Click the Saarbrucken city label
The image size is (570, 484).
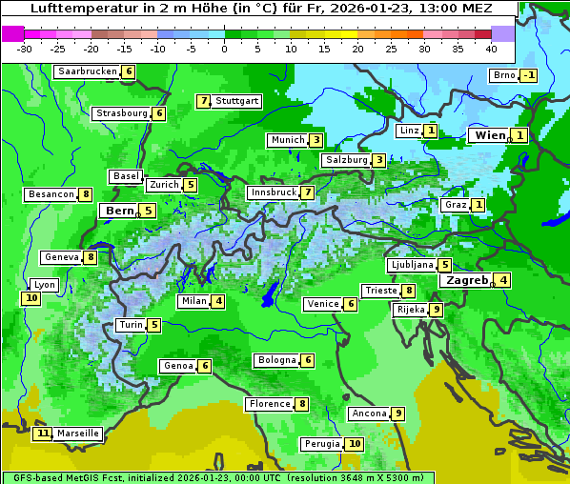(88, 71)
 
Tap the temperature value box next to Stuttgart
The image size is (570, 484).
(203, 101)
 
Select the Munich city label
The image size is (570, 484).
(287, 140)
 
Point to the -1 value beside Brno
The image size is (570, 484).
(528, 76)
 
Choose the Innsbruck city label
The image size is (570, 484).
(273, 192)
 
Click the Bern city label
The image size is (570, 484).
(120, 211)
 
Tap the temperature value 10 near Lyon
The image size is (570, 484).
(31, 298)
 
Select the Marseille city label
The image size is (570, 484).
(78, 434)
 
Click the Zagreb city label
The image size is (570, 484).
(465, 280)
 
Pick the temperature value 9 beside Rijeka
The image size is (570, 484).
(436, 310)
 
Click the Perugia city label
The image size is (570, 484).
(321, 444)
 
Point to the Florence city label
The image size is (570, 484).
(269, 404)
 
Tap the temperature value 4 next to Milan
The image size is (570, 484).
(218, 302)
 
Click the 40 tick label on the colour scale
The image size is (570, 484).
(491, 48)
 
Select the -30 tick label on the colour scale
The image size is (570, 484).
(26, 48)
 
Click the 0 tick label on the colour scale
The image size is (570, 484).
(224, 48)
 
